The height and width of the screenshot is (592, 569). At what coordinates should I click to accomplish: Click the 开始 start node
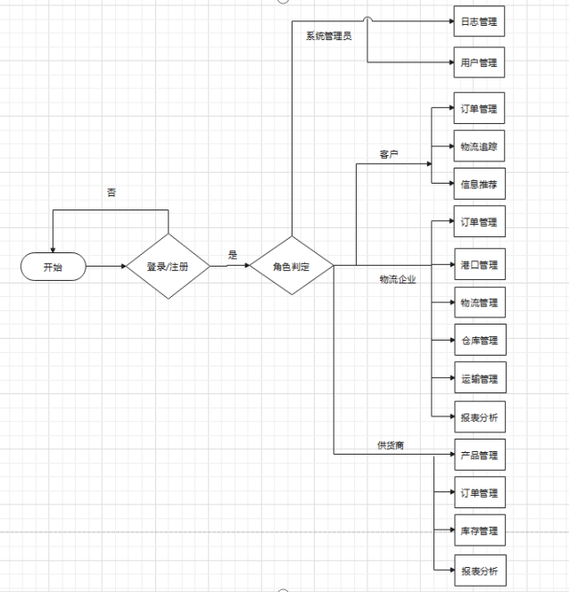[x=54, y=266]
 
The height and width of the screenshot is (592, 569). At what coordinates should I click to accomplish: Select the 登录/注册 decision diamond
[x=168, y=266]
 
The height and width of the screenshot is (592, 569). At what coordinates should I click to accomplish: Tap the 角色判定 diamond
[x=291, y=266]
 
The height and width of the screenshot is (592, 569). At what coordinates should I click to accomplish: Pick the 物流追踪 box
[x=480, y=146]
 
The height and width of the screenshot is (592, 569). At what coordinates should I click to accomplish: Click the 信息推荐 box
[x=480, y=185]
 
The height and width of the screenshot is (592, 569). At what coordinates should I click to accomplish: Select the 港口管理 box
[x=480, y=265]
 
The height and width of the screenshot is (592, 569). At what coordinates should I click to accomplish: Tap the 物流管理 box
[x=480, y=303]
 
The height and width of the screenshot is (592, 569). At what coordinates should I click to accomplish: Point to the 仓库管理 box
[x=480, y=341]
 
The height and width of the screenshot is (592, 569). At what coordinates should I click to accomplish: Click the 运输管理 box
[x=480, y=379]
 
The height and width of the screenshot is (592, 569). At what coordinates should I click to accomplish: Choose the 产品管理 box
[x=480, y=455]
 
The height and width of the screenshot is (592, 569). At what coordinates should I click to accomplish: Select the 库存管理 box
[x=480, y=530]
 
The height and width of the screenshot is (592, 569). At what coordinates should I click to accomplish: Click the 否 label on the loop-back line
[x=111, y=192]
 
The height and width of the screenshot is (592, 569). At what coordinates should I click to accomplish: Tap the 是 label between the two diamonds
[x=233, y=255]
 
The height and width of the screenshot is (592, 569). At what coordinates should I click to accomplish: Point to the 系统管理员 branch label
[x=329, y=36]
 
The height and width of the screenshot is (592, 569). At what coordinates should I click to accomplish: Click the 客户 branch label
[x=388, y=154]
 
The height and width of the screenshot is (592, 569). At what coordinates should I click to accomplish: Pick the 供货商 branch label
[x=391, y=445]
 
